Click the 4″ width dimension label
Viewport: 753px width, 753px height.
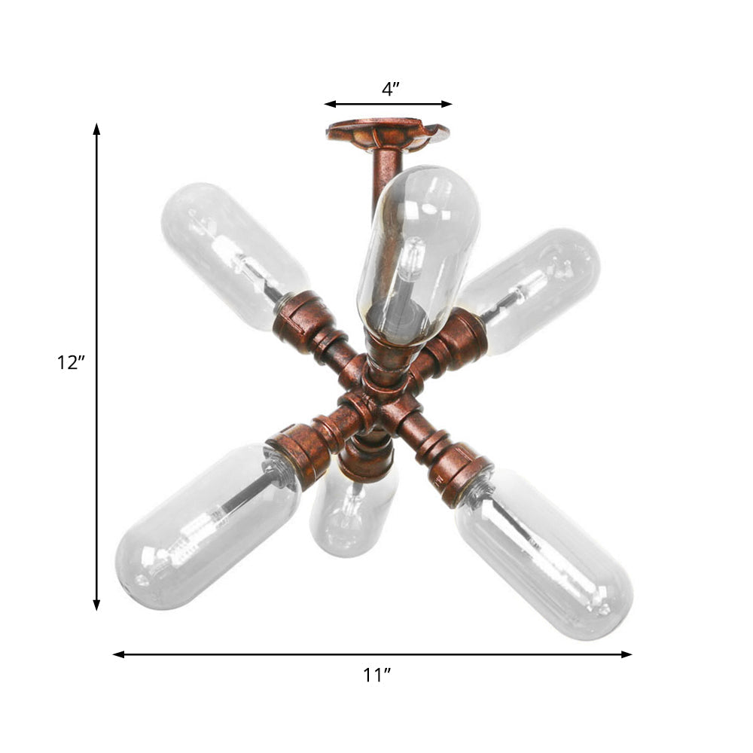click(389, 90)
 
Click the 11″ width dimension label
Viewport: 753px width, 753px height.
click(376, 675)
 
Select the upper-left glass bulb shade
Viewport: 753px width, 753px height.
click(230, 252)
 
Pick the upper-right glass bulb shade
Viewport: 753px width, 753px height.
click(535, 286)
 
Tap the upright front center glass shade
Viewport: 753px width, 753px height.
click(418, 248)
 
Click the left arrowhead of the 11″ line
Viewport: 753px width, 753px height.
click(117, 654)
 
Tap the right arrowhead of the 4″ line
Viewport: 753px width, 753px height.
click(447, 104)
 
